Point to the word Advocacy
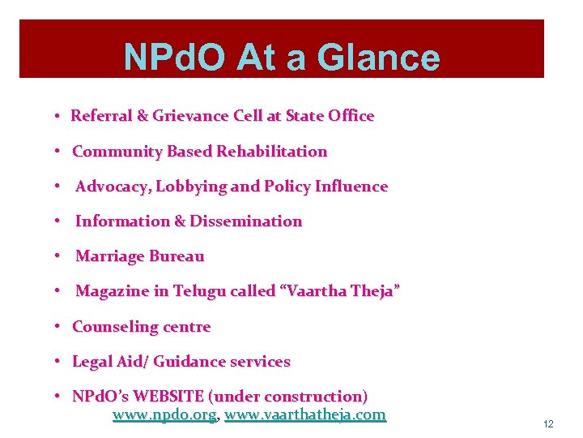coord(112,187)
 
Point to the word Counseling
coord(113,327)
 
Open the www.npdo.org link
coord(164,415)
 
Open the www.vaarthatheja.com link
coord(305,415)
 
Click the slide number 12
coord(548,424)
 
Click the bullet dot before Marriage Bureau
coord(60,256)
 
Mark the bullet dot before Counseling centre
coord(60,327)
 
